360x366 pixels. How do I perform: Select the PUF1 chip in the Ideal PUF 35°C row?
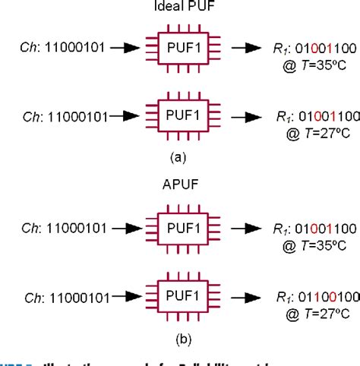coord(180,49)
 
